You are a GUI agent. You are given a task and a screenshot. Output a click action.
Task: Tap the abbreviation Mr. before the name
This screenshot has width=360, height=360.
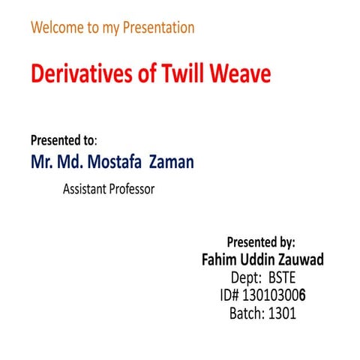click(x=43, y=161)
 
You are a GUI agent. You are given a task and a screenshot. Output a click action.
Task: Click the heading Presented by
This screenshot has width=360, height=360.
click(x=261, y=242)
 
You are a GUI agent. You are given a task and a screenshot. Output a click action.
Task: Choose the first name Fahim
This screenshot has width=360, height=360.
click(x=220, y=259)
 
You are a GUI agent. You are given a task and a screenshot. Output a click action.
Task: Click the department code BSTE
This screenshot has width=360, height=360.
click(x=283, y=277)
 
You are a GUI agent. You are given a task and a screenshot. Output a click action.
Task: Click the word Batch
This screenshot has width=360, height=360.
click(x=246, y=313)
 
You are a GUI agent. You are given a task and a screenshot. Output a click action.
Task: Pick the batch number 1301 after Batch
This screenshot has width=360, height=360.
click(x=282, y=313)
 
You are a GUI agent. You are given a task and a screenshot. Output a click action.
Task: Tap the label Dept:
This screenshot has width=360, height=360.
click(x=246, y=277)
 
